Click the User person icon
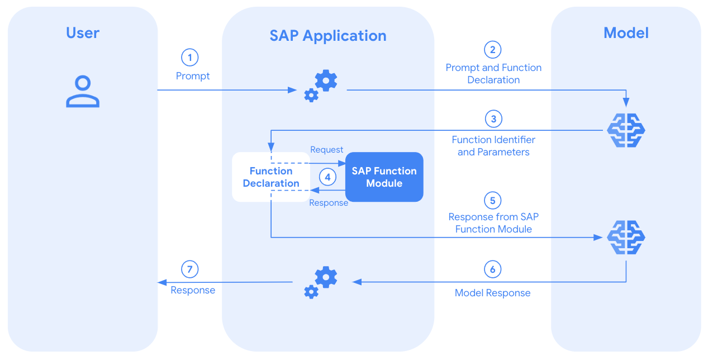tap(83, 92)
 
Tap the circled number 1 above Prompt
tap(190, 58)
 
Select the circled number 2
tap(492, 50)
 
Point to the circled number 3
tap(493, 119)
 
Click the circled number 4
tap(328, 177)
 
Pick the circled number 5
tap(492, 201)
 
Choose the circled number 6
tap(492, 269)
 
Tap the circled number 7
tap(190, 269)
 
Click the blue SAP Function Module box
tap(384, 177)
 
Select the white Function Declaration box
tap(271, 177)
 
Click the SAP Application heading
tap(328, 36)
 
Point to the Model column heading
tap(626, 33)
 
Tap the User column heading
tap(83, 33)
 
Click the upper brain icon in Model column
tap(626, 130)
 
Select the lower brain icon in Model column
tap(626, 237)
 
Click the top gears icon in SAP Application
tap(321, 86)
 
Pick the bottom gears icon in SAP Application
tap(321, 282)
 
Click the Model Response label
tap(492, 293)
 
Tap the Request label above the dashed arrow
tap(326, 150)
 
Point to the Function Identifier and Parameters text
tap(493, 146)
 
